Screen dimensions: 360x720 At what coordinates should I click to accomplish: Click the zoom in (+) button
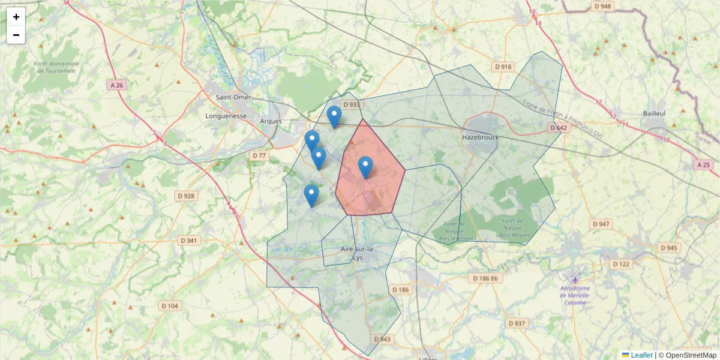click(x=16, y=17)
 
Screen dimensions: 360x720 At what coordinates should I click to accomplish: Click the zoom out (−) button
click(x=16, y=35)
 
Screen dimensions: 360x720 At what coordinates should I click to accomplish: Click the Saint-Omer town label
click(x=233, y=97)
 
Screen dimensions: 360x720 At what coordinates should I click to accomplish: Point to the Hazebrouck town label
click(x=481, y=137)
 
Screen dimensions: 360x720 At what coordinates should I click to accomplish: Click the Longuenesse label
click(x=226, y=116)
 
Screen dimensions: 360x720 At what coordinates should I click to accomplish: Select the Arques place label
click(x=271, y=121)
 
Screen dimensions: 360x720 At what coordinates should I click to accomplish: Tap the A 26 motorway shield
click(x=117, y=85)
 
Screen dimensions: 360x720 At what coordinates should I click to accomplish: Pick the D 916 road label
click(x=503, y=67)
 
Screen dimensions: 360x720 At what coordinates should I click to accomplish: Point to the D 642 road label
click(x=558, y=128)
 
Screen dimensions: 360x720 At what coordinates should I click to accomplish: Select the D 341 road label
click(x=190, y=241)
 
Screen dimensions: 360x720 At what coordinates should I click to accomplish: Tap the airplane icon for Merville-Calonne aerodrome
click(x=575, y=280)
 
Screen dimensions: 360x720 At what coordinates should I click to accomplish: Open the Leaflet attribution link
click(x=641, y=355)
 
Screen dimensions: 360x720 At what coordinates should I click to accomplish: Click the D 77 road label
click(x=259, y=155)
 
